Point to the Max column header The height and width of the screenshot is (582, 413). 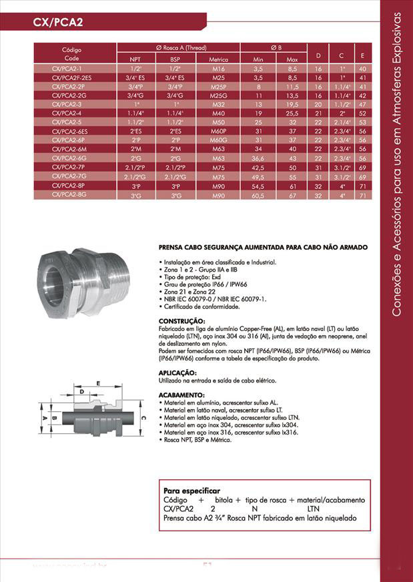(x=292, y=59)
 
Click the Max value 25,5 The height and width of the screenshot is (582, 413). (x=292, y=113)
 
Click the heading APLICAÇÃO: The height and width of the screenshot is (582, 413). (x=177, y=372)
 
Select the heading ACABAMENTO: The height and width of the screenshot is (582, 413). (x=179, y=395)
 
